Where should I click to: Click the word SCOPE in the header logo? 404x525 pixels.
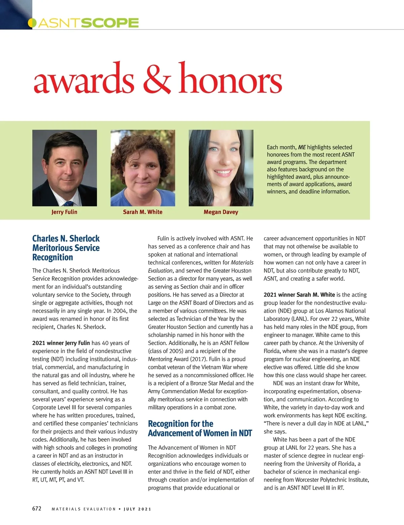110,23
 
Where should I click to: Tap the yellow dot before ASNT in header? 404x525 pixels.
32,23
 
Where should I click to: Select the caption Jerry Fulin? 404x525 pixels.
64,212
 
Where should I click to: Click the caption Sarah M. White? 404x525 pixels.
142,212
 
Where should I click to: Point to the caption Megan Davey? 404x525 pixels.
221,212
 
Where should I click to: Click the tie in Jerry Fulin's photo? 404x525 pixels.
68,203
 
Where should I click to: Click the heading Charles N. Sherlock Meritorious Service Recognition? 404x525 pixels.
66,248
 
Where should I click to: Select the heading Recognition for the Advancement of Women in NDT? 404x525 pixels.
200,428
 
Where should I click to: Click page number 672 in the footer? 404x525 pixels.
37,508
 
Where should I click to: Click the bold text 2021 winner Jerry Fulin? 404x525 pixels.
61,343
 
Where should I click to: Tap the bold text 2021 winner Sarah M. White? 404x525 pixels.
299,295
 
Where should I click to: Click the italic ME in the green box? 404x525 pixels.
302,147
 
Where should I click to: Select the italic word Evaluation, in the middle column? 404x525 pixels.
161,271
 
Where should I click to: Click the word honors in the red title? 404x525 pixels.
230,79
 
